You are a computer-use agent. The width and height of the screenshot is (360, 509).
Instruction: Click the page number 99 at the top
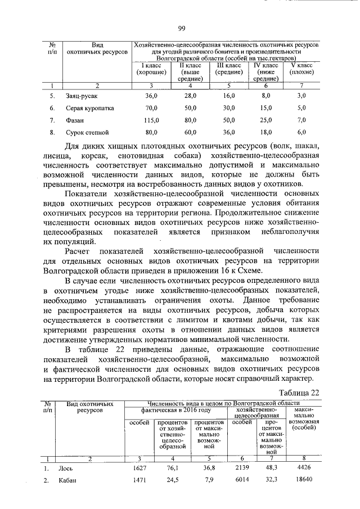tap(182, 29)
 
